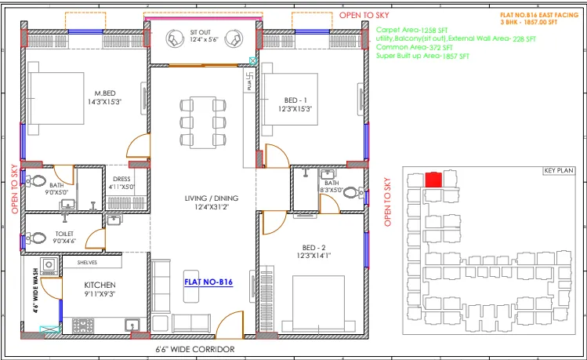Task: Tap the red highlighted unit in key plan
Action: (433, 180)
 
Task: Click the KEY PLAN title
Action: (559, 171)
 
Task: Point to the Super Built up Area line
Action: (417, 56)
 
